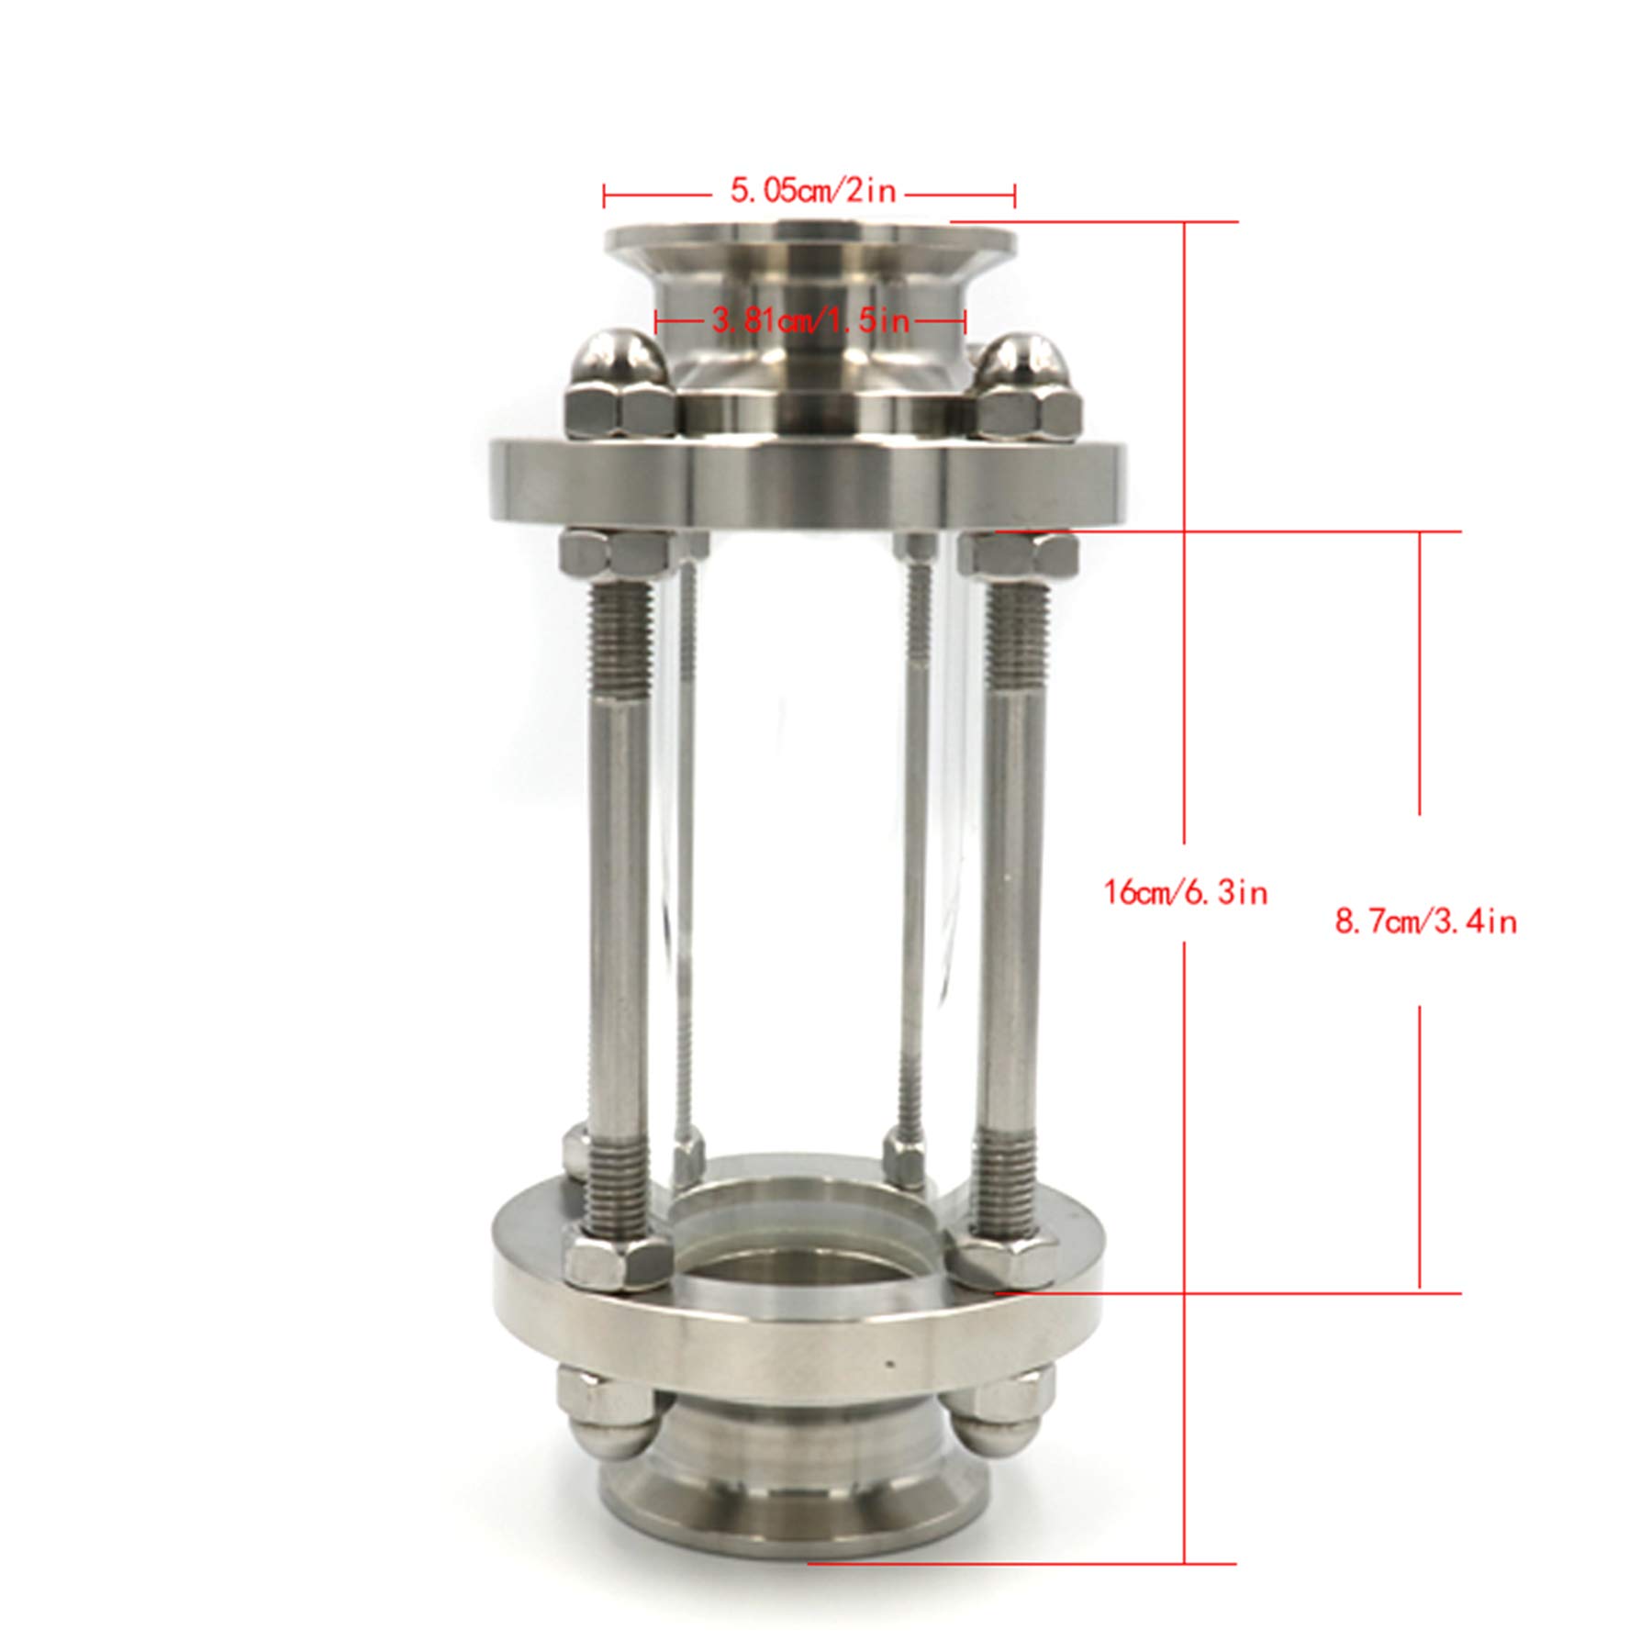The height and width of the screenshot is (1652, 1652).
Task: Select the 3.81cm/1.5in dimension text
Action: point(810,321)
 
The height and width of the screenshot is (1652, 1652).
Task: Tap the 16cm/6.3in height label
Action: point(1185,892)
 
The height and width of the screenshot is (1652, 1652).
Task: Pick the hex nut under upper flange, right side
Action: point(1022,553)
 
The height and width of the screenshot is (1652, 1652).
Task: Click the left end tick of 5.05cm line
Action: point(604,194)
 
